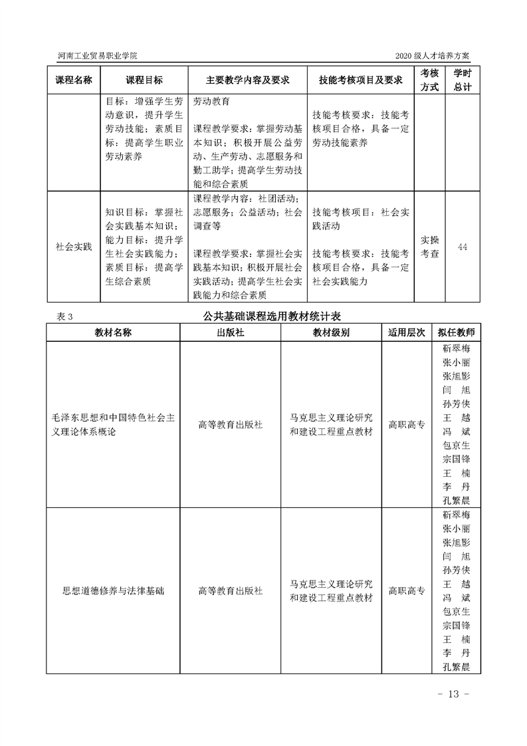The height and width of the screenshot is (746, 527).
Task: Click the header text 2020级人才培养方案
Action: pos(436,57)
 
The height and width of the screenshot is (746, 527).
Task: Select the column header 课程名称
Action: pos(73,80)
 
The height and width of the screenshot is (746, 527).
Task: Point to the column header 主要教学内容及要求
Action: pos(247,80)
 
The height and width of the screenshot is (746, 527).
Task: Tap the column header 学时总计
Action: pos(463,80)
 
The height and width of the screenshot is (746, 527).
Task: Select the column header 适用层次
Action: pos(406,332)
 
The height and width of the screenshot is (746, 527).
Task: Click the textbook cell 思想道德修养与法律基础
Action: pos(113,590)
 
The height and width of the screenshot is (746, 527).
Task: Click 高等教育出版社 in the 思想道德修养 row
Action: pos(231,590)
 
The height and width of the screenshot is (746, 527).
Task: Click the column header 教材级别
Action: pos(331,332)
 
